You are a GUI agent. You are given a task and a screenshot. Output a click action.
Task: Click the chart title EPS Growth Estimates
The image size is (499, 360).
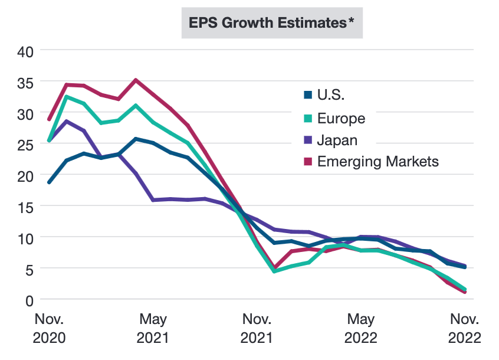tap(268, 23)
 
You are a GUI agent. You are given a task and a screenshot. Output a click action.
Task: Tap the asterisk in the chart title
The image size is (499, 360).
tap(351, 21)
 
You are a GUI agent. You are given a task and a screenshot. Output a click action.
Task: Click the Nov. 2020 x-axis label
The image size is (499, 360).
tap(50, 329)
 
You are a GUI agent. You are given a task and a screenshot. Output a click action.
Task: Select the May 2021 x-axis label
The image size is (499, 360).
tap(153, 329)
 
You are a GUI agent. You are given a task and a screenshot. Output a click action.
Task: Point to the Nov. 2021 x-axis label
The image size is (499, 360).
tap(257, 329)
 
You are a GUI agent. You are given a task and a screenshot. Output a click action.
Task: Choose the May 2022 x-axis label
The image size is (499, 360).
tap(360, 329)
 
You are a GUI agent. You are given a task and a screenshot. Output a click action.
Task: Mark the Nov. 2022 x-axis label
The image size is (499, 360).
tap(464, 329)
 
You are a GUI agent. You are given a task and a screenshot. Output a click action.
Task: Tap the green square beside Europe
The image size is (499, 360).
tap(307, 118)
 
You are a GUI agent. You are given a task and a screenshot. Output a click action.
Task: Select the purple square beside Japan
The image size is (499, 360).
tap(307, 140)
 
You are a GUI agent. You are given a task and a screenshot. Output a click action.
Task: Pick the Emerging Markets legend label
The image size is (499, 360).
tap(377, 161)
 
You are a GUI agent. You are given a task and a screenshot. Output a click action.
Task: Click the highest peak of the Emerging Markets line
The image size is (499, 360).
tap(136, 80)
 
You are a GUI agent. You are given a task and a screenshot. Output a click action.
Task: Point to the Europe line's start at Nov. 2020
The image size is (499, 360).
tap(50, 141)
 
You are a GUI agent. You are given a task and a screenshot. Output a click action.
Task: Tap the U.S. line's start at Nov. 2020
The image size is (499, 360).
tap(50, 182)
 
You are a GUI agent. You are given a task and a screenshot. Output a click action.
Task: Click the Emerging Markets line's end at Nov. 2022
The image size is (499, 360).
tap(465, 292)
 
